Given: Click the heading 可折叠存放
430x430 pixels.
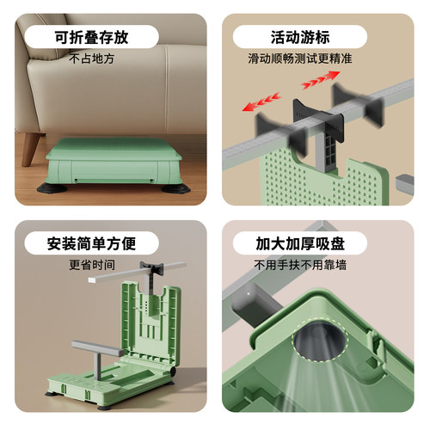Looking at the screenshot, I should click(91, 37).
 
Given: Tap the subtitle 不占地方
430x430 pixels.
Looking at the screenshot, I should click(91, 59).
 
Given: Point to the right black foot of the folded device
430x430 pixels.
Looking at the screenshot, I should click(181, 182).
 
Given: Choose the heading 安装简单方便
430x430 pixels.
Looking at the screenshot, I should click(91, 243).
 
